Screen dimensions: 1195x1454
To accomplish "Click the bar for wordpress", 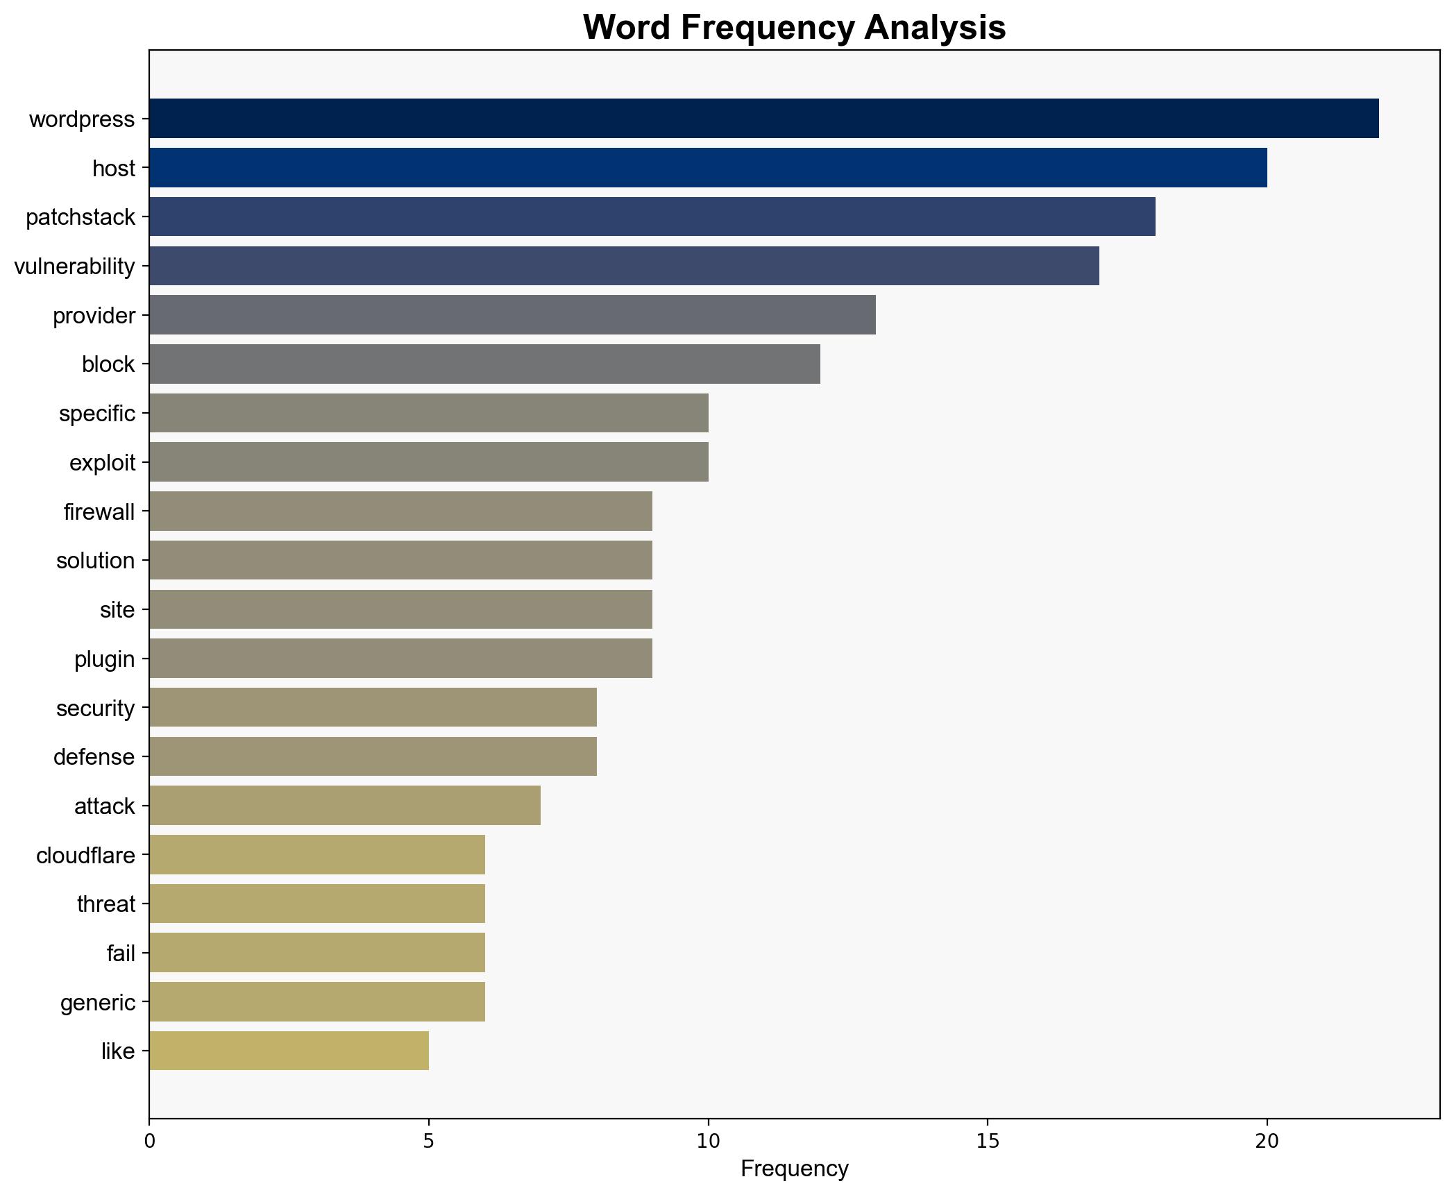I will coord(763,118).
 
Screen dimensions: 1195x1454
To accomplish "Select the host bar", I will coord(708,167).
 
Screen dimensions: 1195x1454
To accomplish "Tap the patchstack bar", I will coord(652,217).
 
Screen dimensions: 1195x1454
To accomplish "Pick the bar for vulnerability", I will coord(624,266).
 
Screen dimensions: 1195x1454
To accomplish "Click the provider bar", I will coord(512,315).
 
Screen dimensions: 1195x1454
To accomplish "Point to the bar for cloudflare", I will coord(317,854).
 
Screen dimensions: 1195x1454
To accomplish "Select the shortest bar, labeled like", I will coord(289,1051).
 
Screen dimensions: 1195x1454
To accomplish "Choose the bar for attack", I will coord(345,805).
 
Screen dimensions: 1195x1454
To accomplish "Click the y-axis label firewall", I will coord(99,512).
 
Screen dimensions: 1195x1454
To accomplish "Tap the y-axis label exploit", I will coord(102,463).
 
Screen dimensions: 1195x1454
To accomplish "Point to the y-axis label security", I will coord(95,709).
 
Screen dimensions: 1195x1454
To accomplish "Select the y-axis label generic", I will coord(97,1003).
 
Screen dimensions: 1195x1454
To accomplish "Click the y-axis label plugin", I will coord(104,659).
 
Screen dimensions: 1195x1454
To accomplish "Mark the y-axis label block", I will coord(108,364).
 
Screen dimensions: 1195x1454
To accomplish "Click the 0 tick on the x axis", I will coord(149,1141).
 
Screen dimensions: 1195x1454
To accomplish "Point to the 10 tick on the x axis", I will coord(708,1141).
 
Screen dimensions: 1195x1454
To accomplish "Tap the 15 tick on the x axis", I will coord(988,1141).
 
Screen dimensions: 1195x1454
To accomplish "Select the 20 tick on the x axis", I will coord(1267,1141).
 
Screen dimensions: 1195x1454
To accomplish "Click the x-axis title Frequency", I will coord(794,1169).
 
